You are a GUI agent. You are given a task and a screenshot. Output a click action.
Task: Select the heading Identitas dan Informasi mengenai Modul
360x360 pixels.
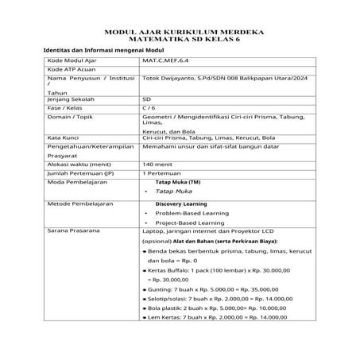tap(97, 51)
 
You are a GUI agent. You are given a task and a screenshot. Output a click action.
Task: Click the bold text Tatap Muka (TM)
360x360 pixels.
tap(177, 183)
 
